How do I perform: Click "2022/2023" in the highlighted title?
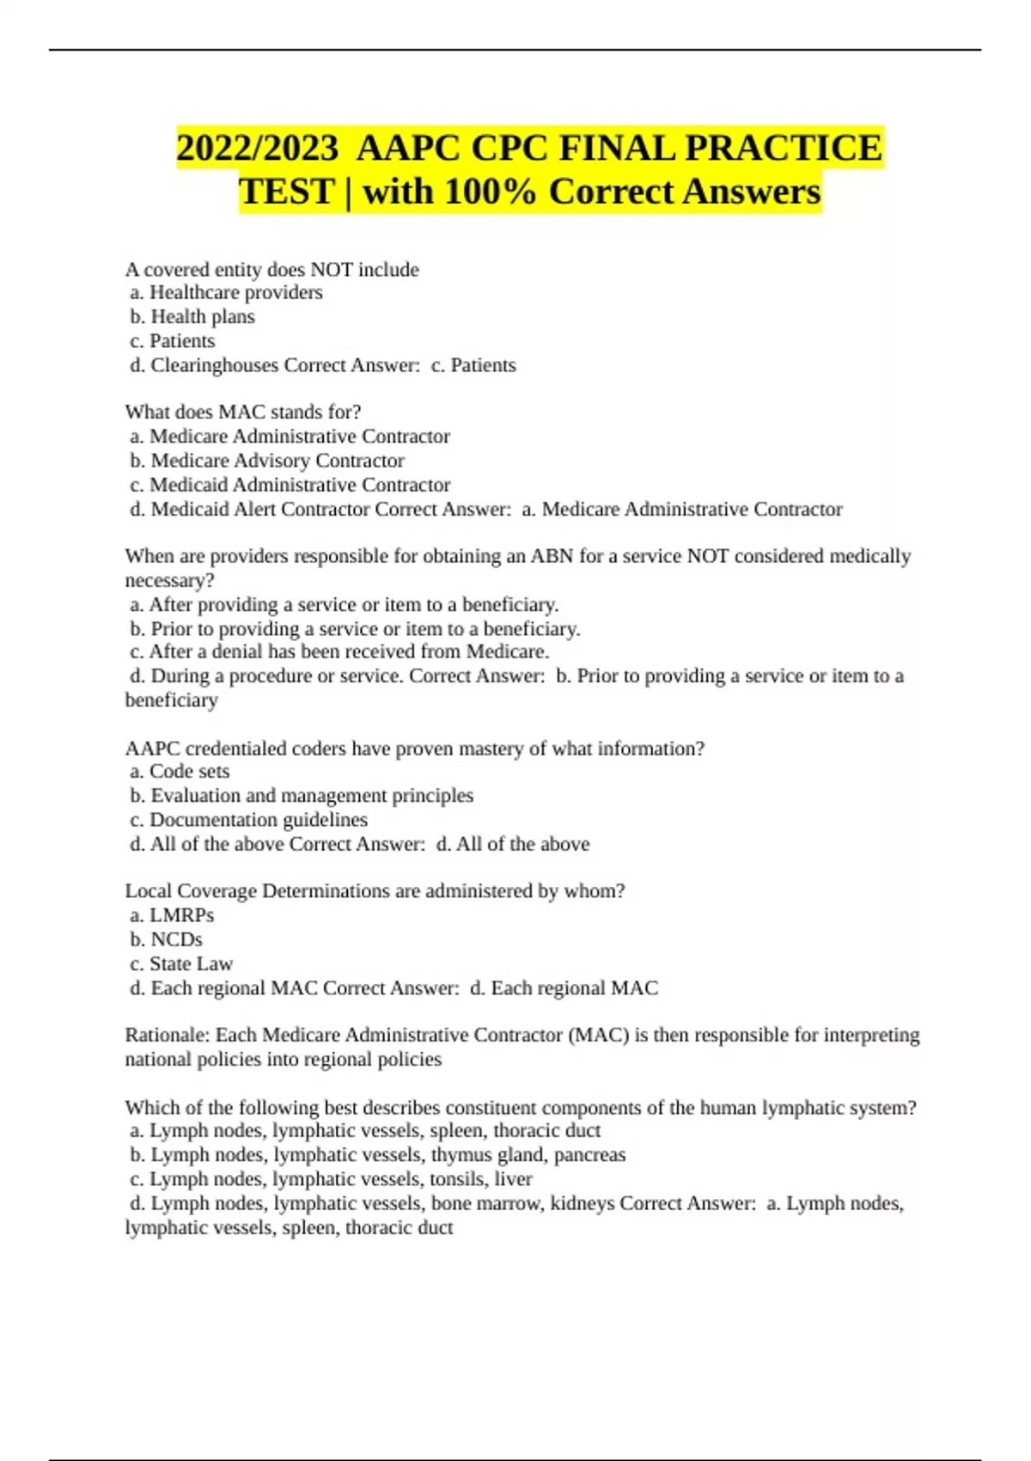(257, 148)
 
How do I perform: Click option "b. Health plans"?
(192, 317)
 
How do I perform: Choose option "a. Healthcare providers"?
(226, 293)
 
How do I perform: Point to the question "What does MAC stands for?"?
(243, 413)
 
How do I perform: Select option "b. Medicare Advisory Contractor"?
(267, 461)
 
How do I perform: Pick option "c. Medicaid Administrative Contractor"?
(290, 485)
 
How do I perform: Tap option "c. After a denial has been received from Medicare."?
(339, 651)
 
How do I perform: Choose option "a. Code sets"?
(180, 772)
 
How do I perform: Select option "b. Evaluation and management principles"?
(302, 796)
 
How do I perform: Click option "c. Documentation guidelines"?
(248, 820)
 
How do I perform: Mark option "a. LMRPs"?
(172, 915)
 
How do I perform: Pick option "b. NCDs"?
(167, 939)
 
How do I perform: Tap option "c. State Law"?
(181, 963)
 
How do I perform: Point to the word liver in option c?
(513, 1179)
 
